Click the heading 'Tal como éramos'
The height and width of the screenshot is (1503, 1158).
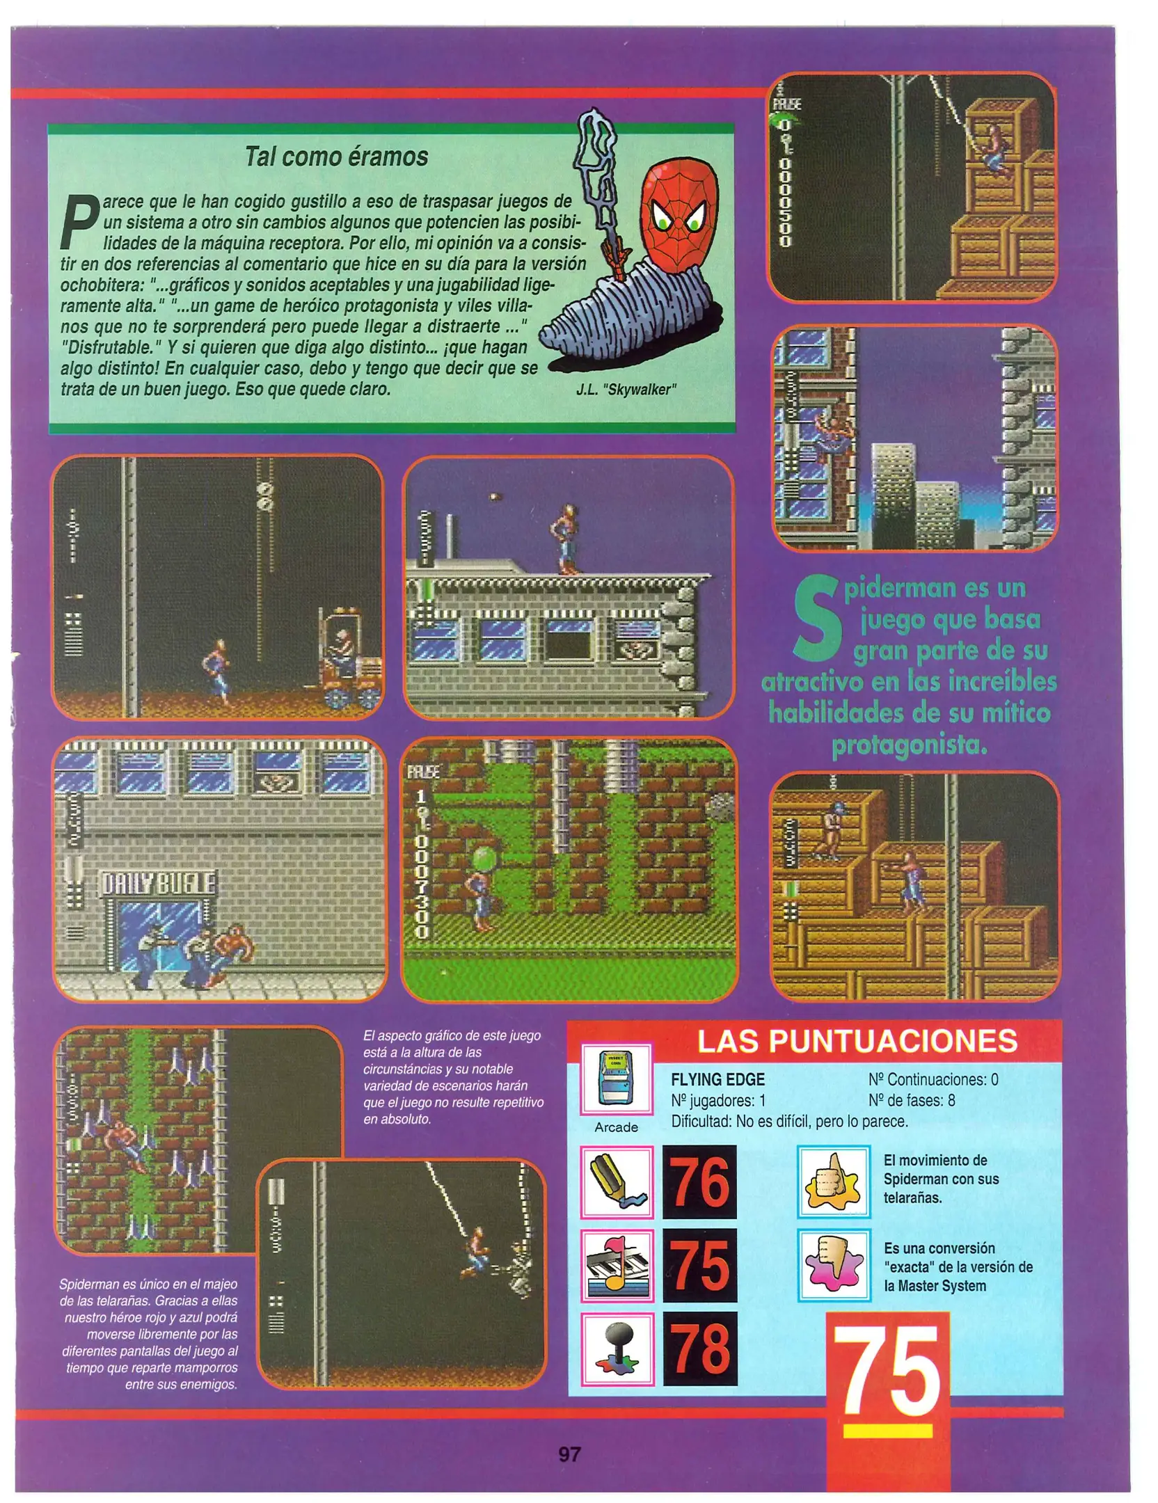click(x=336, y=157)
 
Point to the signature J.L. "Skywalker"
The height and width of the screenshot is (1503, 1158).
click(x=626, y=390)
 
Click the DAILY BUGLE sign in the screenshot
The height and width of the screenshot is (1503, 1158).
click(x=159, y=884)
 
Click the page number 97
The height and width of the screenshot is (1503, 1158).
click(x=569, y=1454)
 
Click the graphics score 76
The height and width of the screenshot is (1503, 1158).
click(x=699, y=1182)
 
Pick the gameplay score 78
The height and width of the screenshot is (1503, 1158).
click(x=699, y=1348)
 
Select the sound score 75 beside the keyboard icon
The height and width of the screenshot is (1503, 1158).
click(x=699, y=1265)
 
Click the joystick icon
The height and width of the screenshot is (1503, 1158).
click(x=617, y=1349)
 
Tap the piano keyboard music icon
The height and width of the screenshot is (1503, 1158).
click(x=617, y=1266)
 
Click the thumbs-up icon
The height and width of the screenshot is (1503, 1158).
click(x=833, y=1182)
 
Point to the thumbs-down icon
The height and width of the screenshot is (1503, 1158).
click(x=833, y=1266)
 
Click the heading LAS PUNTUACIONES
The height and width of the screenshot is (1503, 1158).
click(x=857, y=1041)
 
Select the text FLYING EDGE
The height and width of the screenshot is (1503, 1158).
click(x=717, y=1079)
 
